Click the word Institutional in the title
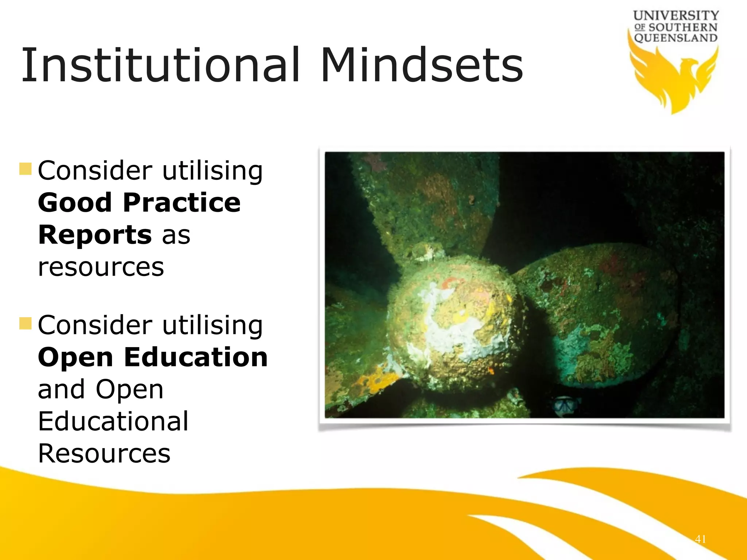pyautogui.click(x=160, y=66)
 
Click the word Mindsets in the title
pyautogui.click(x=422, y=66)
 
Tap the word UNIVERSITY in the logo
pyautogui.click(x=676, y=16)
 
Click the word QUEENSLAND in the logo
pyautogui.click(x=676, y=38)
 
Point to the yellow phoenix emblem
pyautogui.click(x=673, y=78)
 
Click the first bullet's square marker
pyautogui.click(x=26, y=169)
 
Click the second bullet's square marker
pyautogui.click(x=26, y=323)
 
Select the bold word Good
pyautogui.click(x=74, y=203)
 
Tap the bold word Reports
pyautogui.click(x=95, y=235)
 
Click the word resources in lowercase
pyautogui.click(x=101, y=267)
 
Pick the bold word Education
pyautogui.click(x=196, y=357)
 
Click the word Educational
pyautogui.click(x=113, y=421)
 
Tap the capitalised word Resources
pyautogui.click(x=104, y=454)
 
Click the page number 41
pyautogui.click(x=700, y=539)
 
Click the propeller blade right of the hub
pyautogui.click(x=598, y=314)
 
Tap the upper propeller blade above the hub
pyautogui.click(x=427, y=204)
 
